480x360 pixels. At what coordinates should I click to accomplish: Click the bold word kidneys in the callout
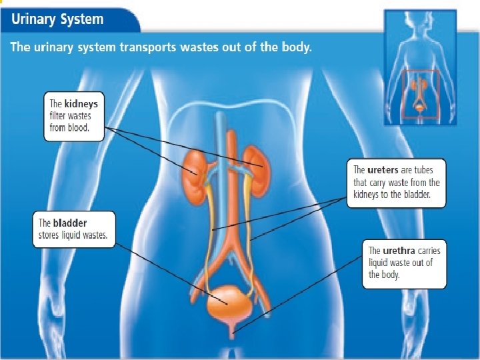(82, 104)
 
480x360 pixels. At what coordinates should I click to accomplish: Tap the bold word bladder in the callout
(71, 223)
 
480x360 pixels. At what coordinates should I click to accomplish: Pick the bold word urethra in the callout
(398, 251)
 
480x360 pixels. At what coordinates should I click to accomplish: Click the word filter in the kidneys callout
(58, 116)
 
